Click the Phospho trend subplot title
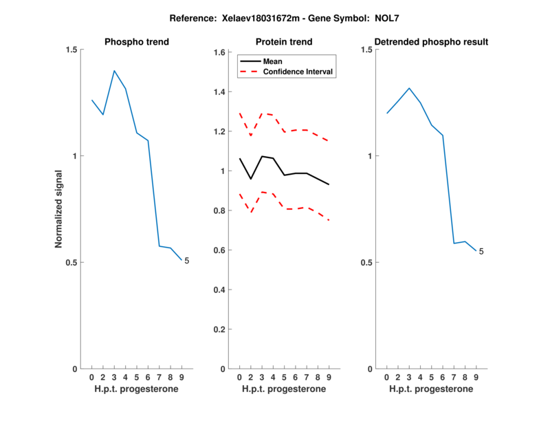[x=136, y=42]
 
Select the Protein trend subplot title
[x=284, y=42]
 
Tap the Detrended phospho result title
[x=431, y=42]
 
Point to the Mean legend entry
[x=272, y=61]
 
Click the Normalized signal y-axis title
[x=59, y=209]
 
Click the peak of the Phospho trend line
[x=114, y=71]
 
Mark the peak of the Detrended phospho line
[x=409, y=88]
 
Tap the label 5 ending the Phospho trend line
[x=186, y=261]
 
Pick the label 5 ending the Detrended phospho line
[x=481, y=252]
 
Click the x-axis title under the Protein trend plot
[x=284, y=389]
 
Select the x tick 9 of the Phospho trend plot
[x=181, y=377]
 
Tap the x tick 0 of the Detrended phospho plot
[x=386, y=377]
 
